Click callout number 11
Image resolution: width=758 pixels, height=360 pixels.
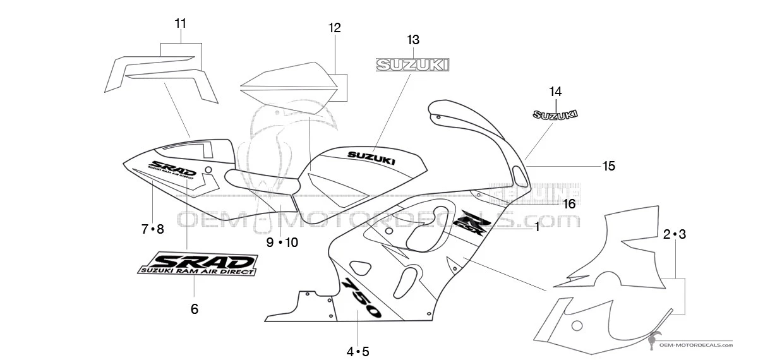(181, 24)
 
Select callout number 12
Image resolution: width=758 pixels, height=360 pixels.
(334, 28)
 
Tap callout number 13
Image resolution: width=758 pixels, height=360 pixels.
(412, 40)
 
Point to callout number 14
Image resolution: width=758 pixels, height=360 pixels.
(555, 91)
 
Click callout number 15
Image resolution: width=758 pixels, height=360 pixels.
(608, 166)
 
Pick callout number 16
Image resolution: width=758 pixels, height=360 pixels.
(569, 203)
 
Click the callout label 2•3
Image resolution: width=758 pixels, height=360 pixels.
(674, 234)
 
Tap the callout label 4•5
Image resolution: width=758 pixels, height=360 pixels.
(357, 351)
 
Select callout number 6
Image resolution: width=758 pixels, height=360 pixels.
(195, 309)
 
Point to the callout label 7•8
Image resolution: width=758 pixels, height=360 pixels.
(152, 229)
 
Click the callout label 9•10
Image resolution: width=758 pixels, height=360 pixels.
(282, 242)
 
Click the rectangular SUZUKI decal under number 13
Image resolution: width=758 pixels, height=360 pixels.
(412, 64)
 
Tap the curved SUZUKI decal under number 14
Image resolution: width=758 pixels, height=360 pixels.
(555, 114)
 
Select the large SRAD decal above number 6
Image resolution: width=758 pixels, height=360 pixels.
(197, 263)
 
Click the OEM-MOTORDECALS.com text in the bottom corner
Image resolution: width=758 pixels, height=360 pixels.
(695, 345)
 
